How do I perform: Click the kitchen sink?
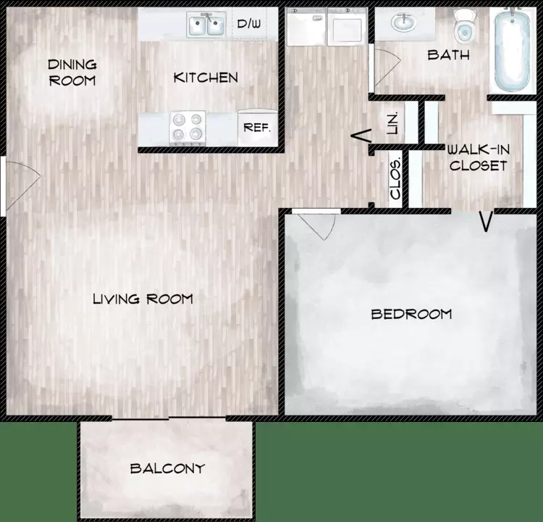206,24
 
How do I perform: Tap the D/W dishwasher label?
248,24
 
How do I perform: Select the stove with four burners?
188,128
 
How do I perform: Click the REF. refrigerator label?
256,128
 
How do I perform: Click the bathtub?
512,50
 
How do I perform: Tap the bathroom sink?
404,23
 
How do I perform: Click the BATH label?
448,55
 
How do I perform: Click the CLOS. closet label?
395,179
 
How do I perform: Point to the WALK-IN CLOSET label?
479,158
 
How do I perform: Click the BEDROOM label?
411,314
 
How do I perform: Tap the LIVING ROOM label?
143,299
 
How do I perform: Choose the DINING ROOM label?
72,72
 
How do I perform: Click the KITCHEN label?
206,78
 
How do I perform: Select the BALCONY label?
168,469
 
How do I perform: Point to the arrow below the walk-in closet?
487,222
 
